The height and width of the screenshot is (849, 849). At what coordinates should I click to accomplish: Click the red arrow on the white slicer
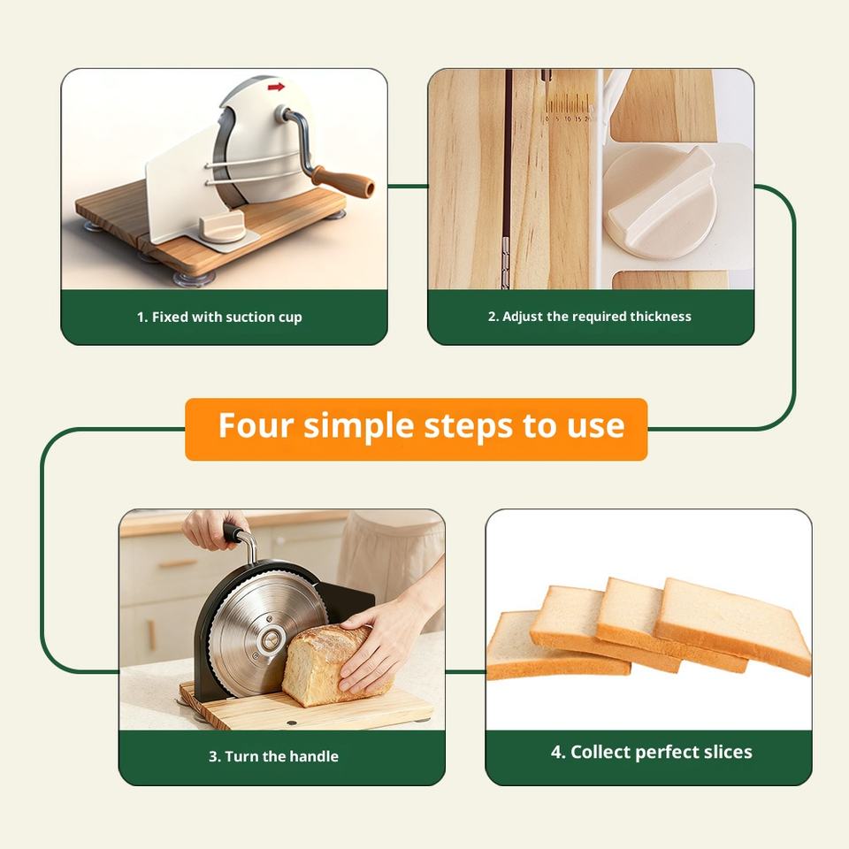click(276, 88)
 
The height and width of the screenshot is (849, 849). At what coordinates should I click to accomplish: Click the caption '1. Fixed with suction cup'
click(219, 317)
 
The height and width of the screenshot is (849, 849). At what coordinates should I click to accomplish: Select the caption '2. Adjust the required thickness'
click(590, 317)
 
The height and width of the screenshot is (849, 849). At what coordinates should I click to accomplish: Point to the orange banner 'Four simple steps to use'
click(417, 430)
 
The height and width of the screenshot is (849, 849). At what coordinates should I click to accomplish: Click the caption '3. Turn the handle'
click(273, 756)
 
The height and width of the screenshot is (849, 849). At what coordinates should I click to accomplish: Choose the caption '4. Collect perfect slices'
click(652, 752)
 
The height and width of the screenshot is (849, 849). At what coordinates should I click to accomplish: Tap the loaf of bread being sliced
click(336, 665)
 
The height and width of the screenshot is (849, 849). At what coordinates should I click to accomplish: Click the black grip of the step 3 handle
click(233, 532)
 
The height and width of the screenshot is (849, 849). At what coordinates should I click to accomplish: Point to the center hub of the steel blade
click(271, 639)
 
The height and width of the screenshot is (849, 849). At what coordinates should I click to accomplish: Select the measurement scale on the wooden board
click(568, 108)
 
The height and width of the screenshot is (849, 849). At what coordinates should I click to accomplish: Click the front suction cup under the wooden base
click(194, 279)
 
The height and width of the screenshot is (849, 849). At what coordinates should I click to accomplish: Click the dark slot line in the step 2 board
click(509, 179)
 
